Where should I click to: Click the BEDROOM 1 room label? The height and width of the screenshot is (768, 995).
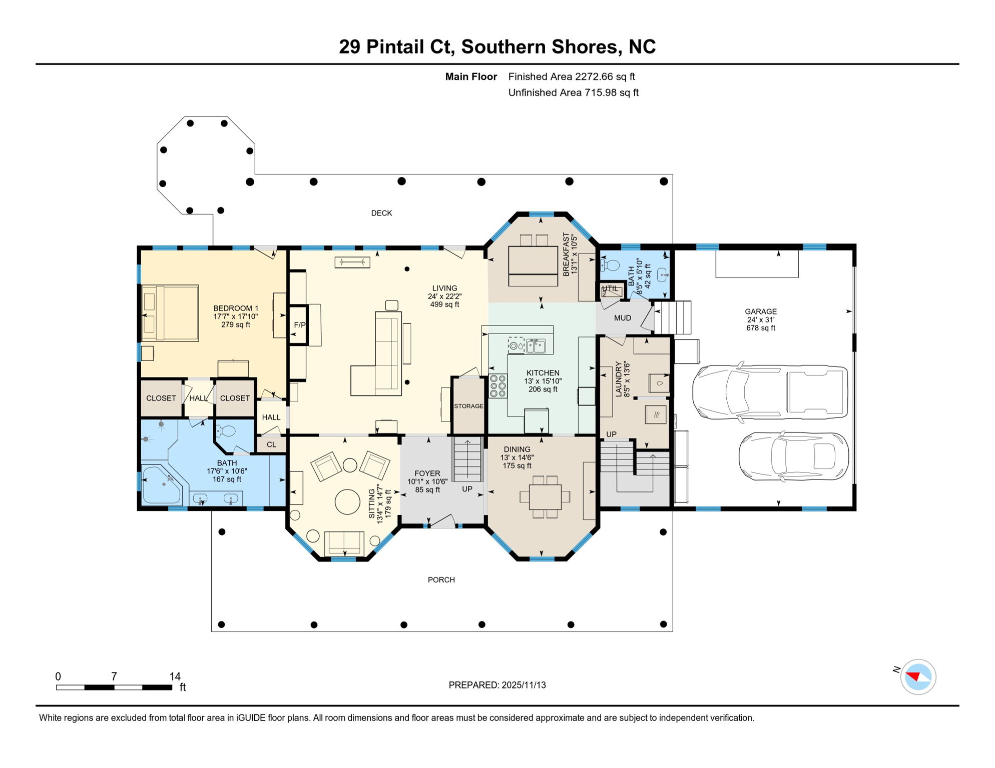point(236,308)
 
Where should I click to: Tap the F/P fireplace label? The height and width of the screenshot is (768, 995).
point(299,325)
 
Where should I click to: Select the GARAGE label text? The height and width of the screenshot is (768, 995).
point(761,311)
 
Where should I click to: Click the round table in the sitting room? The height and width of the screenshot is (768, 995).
point(347,501)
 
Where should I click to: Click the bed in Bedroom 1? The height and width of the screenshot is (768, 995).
point(170,313)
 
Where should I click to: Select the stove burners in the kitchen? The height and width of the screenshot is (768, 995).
point(498,386)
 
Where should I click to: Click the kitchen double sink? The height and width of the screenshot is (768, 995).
point(536,345)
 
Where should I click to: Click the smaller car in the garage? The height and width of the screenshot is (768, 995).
point(794,456)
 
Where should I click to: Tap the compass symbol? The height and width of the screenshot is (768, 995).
point(918,677)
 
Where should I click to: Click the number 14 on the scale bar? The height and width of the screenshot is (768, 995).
point(175,676)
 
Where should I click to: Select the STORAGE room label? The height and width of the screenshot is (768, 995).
point(468,406)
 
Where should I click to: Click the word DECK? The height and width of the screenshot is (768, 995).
point(381,213)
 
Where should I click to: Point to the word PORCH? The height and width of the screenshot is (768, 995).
point(441,580)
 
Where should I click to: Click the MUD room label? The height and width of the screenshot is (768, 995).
point(623,318)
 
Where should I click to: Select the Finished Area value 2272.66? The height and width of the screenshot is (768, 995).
point(594,76)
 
